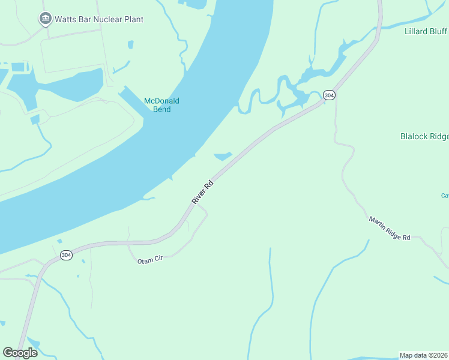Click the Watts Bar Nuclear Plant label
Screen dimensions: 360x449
(99, 19)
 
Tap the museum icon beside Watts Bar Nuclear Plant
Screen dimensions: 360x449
(45, 19)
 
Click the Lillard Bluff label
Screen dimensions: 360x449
(426, 31)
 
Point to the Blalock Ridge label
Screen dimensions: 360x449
(424, 136)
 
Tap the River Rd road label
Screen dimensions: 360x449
(203, 193)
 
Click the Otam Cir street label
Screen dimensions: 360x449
(150, 260)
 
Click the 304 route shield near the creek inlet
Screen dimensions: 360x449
(328, 95)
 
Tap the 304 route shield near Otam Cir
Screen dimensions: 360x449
(67, 255)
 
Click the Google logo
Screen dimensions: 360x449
(20, 353)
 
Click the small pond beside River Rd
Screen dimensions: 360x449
(223, 156)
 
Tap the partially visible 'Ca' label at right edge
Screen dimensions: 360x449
(445, 195)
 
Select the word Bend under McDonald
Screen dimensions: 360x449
(162, 109)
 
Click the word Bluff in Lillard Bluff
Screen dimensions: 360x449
(438, 31)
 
